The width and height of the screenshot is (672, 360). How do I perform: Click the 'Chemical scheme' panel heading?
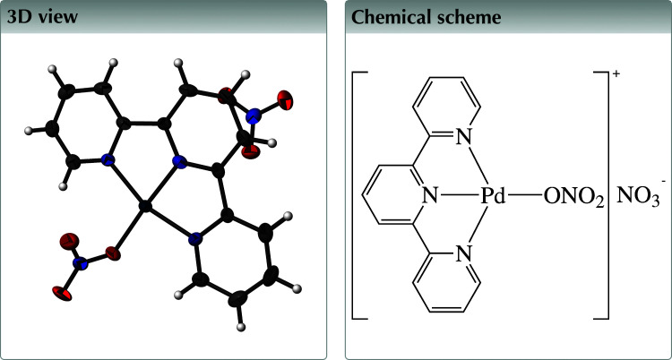coord(413,17)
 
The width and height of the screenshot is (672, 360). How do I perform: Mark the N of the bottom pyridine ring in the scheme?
coord(462,253)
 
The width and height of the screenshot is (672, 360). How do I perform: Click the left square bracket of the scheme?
coord(357,194)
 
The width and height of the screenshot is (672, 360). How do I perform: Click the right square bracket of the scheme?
coord(606,194)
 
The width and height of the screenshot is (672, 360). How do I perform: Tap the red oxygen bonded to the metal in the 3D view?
coord(112,253)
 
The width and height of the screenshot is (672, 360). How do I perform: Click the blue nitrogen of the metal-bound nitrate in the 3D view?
coord(82,263)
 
